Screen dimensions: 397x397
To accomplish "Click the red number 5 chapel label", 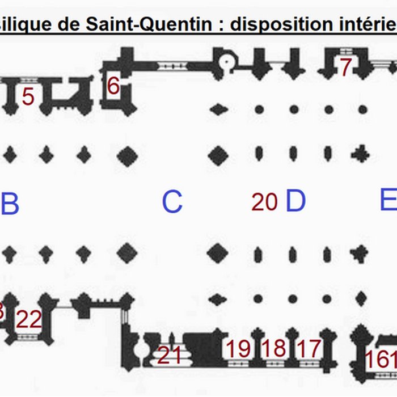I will pos(28,96).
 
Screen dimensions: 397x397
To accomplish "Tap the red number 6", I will pos(113,86).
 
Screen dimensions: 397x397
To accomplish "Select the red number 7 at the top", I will pos(346,67).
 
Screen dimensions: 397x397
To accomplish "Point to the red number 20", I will pos(264,202).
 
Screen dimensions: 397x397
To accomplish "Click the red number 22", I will pos(28,320).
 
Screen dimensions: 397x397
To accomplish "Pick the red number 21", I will pos(169,356).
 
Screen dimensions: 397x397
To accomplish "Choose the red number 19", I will pos(239,349).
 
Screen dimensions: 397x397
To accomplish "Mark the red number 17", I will pos(309,349).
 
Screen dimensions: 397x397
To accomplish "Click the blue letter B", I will pos(10,204).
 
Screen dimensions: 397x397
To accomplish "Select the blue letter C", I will pos(172,202).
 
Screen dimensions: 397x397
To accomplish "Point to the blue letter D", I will pos(295,201).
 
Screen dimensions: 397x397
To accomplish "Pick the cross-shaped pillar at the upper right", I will pos(360,154).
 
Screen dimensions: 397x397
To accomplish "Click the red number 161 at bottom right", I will pos(381,359).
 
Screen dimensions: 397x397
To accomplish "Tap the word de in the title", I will pos(71,24).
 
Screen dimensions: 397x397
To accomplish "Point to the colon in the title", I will pos(224,26).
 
